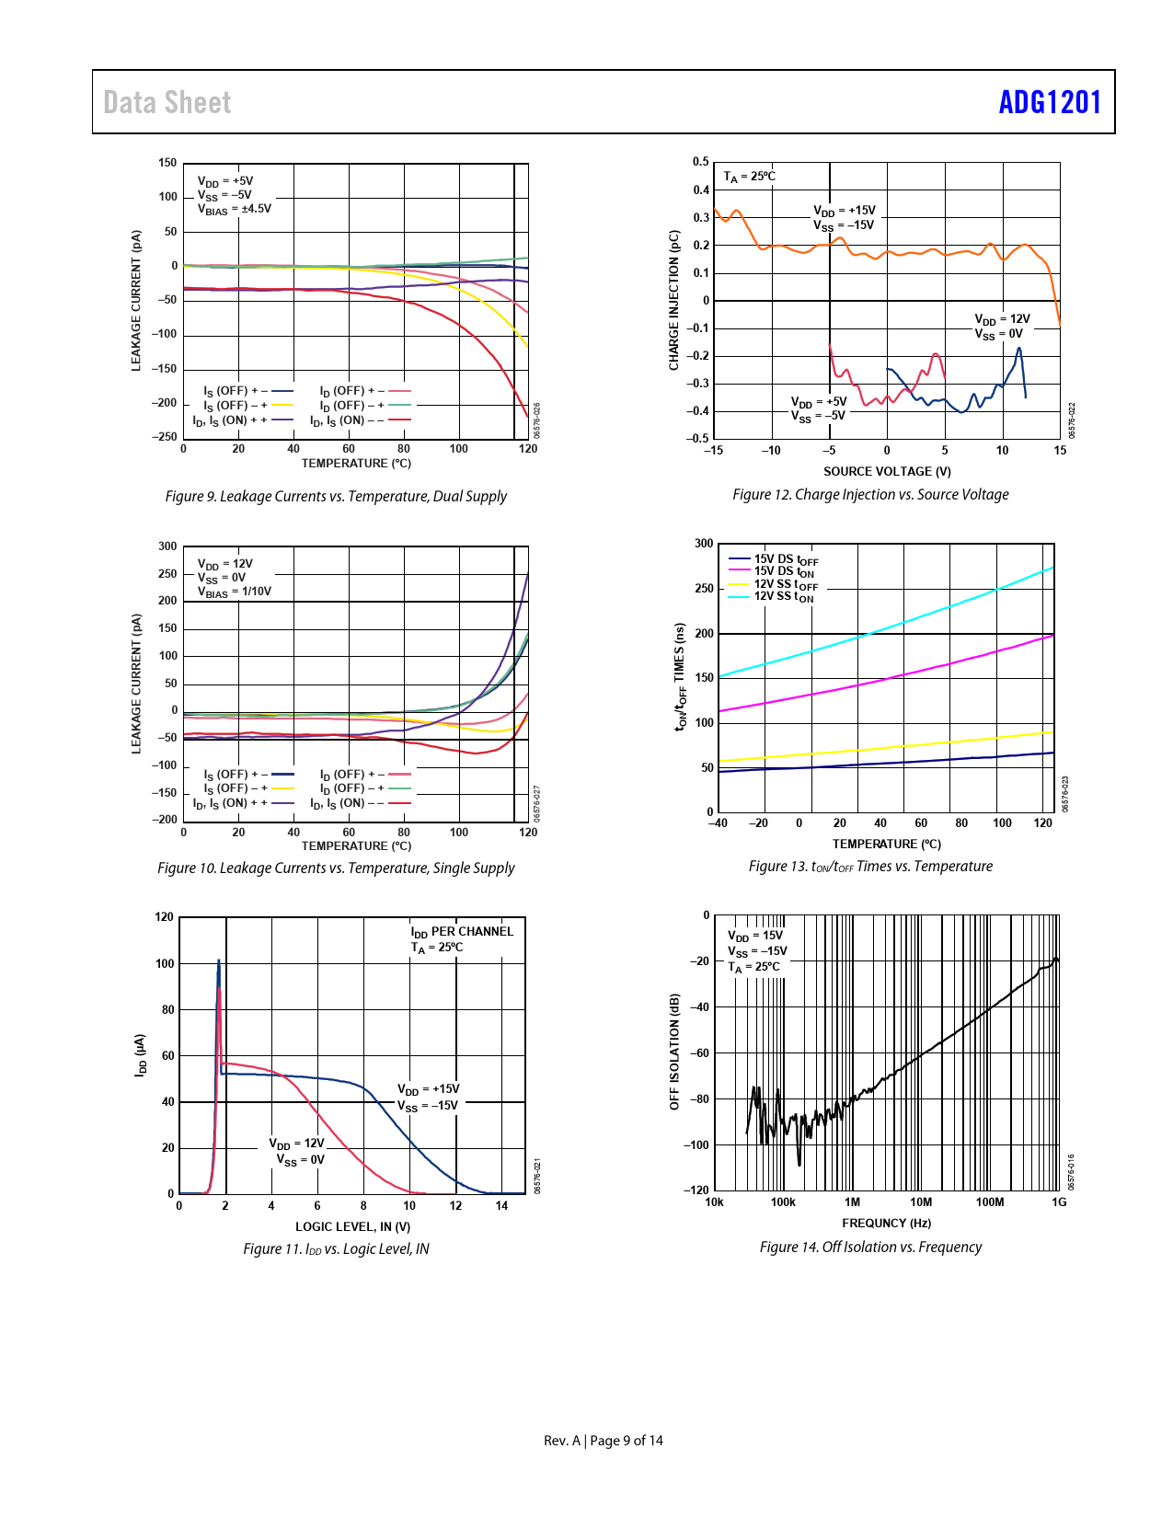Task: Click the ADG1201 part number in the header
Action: coord(1050,102)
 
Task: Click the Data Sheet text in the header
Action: coord(167,102)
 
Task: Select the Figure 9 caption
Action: coord(336,496)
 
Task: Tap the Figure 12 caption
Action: coord(870,494)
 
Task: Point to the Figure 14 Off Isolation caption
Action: coord(870,1247)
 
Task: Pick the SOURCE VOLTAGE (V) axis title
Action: coord(887,471)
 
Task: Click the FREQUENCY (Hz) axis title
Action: coord(886,1223)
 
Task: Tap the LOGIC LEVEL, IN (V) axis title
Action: coord(352,1226)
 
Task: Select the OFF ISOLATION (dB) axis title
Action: coord(674,1052)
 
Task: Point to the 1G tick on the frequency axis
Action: coord(1060,1202)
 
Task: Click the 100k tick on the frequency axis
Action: coord(783,1202)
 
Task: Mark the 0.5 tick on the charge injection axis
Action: coord(701,162)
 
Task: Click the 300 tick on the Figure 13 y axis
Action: coord(704,544)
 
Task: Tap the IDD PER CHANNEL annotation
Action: coord(462,931)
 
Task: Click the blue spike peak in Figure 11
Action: coord(218,961)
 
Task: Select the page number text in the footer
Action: coord(604,1441)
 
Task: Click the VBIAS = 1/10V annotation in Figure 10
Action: coord(235,592)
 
